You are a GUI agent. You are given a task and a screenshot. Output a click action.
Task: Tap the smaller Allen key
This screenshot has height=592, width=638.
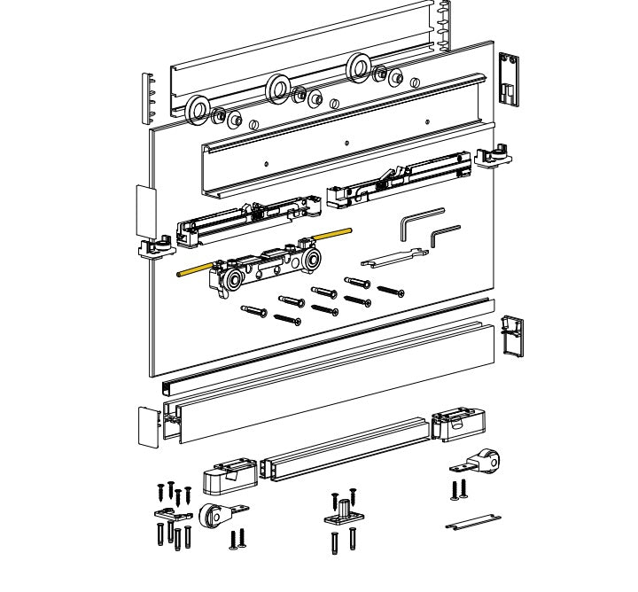(x=444, y=236)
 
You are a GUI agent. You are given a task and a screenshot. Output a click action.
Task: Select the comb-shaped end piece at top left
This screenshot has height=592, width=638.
(x=149, y=96)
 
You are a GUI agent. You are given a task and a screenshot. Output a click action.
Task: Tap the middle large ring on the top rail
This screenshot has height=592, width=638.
(x=278, y=88)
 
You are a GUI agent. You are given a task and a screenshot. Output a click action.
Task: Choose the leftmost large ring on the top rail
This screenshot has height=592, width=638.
(x=198, y=111)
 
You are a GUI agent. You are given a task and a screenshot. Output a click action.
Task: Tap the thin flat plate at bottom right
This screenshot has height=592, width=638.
(x=474, y=520)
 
